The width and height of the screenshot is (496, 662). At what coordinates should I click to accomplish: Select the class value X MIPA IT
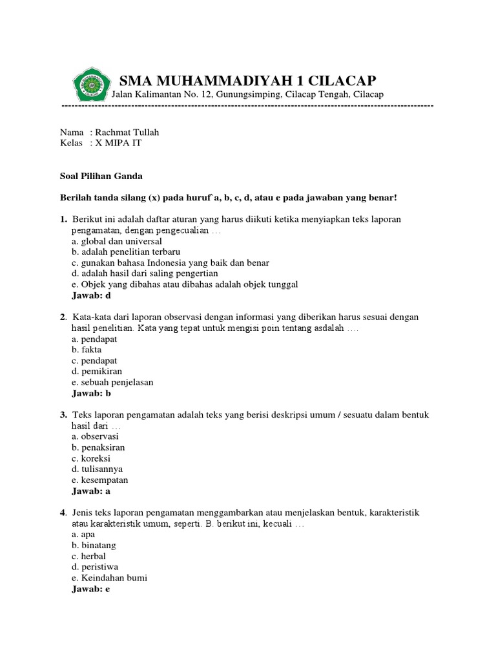point(118,143)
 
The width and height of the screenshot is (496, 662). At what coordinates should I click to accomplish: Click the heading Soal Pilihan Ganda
point(101,175)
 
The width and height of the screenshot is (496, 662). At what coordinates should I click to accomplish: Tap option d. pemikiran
point(96,371)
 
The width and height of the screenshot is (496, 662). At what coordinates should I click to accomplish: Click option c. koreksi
point(93,458)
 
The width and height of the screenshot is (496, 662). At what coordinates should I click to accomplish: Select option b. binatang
point(95,546)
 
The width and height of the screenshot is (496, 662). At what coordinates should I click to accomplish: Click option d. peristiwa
point(95,567)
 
